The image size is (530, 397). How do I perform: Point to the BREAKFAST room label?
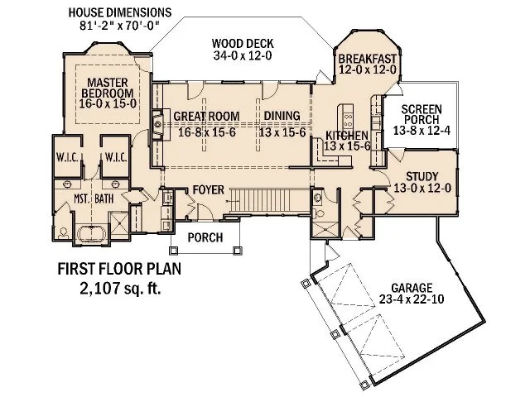[368, 58]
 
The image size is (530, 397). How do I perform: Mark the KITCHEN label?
[346, 135]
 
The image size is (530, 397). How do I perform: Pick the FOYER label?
[208, 190]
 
